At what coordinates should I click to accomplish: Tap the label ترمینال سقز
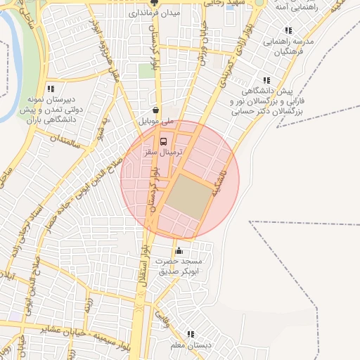tap(165, 152)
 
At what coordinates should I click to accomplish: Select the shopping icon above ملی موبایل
tap(155, 110)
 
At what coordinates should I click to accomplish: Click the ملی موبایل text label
tap(157, 122)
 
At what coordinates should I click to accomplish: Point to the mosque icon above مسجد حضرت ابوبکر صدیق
tap(179, 251)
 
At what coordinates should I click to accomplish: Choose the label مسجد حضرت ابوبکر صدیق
tap(181, 266)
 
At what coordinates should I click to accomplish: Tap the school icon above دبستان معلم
tap(190, 335)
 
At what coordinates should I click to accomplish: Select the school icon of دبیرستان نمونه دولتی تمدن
tap(50, 89)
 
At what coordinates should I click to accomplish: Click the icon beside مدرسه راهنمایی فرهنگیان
tap(288, 31)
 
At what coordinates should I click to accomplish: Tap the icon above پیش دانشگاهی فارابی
tap(266, 81)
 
